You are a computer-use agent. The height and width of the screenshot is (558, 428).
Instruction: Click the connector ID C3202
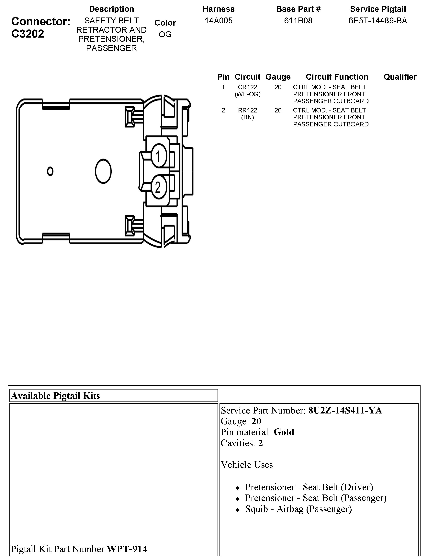[x=28, y=34]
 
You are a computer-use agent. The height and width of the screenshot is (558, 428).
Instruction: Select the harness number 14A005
[x=219, y=20]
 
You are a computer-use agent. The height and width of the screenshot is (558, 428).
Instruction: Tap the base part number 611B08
[x=298, y=20]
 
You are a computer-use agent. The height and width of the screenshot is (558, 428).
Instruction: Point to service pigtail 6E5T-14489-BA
[x=378, y=20]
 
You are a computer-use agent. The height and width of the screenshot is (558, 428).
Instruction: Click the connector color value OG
[x=165, y=34]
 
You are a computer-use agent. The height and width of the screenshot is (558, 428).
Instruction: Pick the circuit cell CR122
[x=247, y=87]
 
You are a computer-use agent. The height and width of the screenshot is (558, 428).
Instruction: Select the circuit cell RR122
[x=247, y=110]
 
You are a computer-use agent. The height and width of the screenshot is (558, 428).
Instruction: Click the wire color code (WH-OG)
[x=247, y=94]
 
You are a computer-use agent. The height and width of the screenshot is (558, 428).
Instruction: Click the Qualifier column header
[x=400, y=77]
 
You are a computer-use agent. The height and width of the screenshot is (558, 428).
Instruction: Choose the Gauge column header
[x=278, y=77]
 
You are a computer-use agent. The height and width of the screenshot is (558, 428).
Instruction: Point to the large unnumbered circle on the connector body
[x=103, y=171]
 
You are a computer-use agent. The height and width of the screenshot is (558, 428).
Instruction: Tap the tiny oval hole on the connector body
[x=50, y=171]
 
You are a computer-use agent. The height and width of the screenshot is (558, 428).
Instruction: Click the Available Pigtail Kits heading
[x=56, y=396]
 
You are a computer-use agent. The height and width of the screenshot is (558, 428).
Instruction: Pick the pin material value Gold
[x=284, y=432]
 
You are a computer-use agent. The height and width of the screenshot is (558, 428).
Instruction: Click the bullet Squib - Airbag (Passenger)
[x=298, y=509]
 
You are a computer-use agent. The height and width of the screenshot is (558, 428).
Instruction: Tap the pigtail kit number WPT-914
[x=127, y=549]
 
